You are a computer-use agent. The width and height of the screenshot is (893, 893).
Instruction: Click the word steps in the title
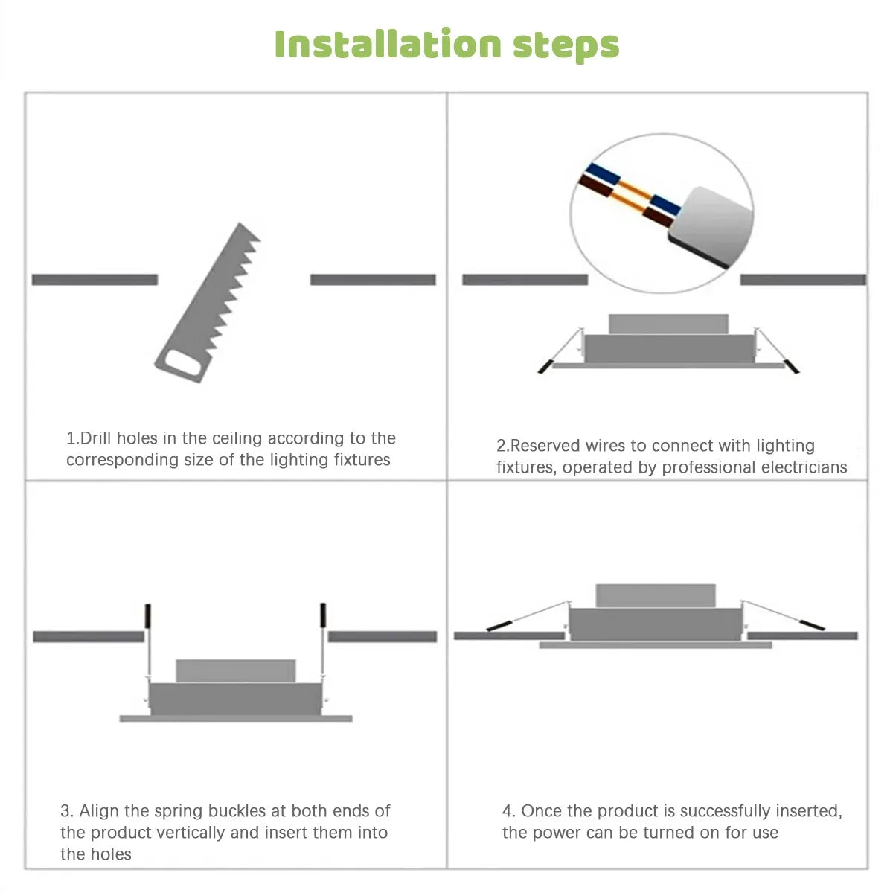pyautogui.click(x=566, y=45)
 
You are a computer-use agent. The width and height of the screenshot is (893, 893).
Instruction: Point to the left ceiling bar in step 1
pyautogui.click(x=95, y=280)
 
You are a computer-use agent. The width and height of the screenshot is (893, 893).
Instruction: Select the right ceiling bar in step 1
pyautogui.click(x=372, y=280)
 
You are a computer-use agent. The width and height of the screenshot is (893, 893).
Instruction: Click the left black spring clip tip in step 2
pyautogui.click(x=545, y=366)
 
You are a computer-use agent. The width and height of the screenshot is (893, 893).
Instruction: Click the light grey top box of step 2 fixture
pyautogui.click(x=668, y=324)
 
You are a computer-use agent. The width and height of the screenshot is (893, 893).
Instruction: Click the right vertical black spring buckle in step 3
pyautogui.click(x=323, y=616)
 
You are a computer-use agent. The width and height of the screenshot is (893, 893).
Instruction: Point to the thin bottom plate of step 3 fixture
pyautogui.click(x=236, y=718)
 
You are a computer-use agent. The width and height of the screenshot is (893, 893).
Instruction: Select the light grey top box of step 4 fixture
pyautogui.click(x=655, y=595)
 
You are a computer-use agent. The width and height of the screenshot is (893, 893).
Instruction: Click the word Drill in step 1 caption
pyautogui.click(x=96, y=438)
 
